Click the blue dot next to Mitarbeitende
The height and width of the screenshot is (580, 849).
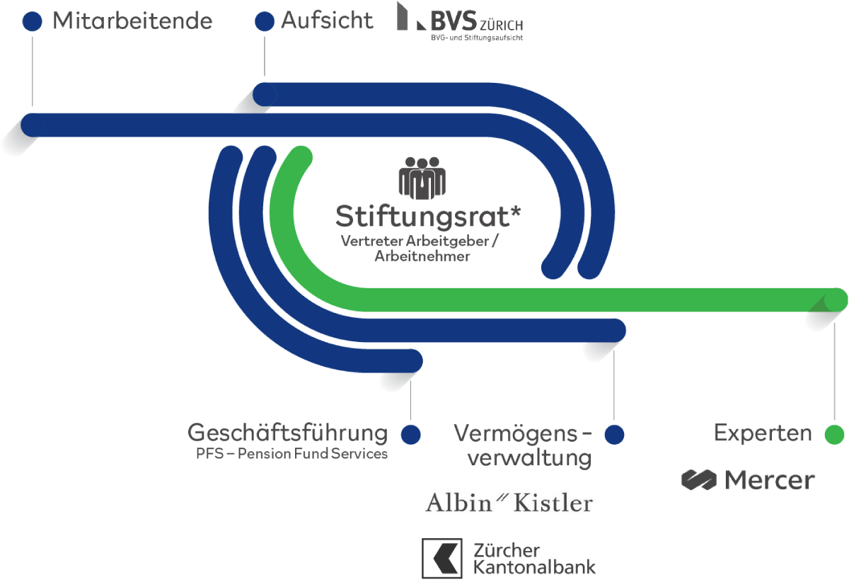coord(33,22)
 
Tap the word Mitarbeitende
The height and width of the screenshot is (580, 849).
coord(132,22)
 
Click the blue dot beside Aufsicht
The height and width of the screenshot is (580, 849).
coord(264,22)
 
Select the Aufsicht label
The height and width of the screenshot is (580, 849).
coord(326,21)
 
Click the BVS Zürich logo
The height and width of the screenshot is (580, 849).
coord(460,21)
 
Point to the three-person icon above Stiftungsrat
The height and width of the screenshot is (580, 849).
coord(422,177)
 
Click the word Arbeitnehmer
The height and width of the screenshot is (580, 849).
coord(422,256)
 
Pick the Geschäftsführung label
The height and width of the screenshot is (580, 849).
coord(287,433)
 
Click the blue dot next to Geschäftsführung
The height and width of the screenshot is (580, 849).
coord(410,434)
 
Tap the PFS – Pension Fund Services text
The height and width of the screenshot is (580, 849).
coord(291,454)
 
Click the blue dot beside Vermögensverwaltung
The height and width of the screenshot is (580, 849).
coord(614,434)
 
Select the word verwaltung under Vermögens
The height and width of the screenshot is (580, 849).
coord(529,457)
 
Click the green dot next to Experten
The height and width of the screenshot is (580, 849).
coord(835,434)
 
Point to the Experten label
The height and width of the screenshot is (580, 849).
coord(763,433)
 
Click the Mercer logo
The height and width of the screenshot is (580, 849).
coord(748,480)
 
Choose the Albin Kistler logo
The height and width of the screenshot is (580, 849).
coord(509,503)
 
